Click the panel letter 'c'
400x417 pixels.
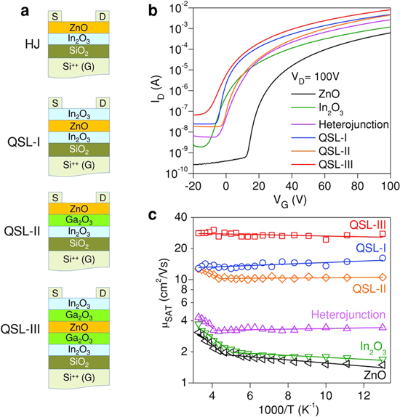coord(171,215)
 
